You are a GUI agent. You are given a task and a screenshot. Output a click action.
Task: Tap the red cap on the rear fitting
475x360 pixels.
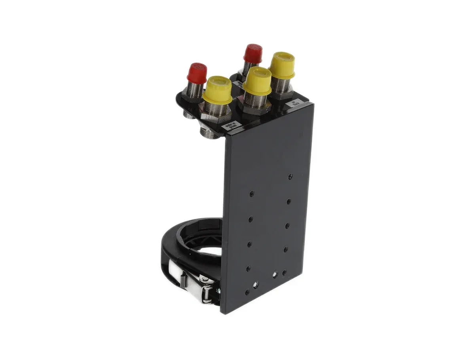[x=253, y=53]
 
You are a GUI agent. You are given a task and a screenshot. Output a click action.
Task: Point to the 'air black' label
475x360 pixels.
[x=294, y=105]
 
